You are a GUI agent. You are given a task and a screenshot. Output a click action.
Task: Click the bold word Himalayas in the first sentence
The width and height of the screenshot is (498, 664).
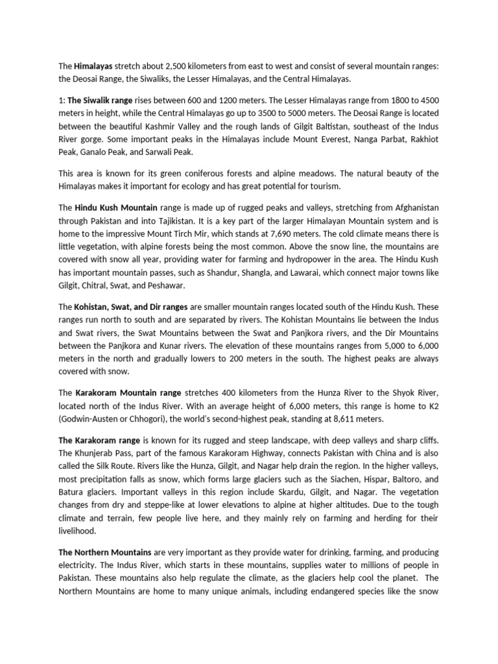click(x=93, y=66)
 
